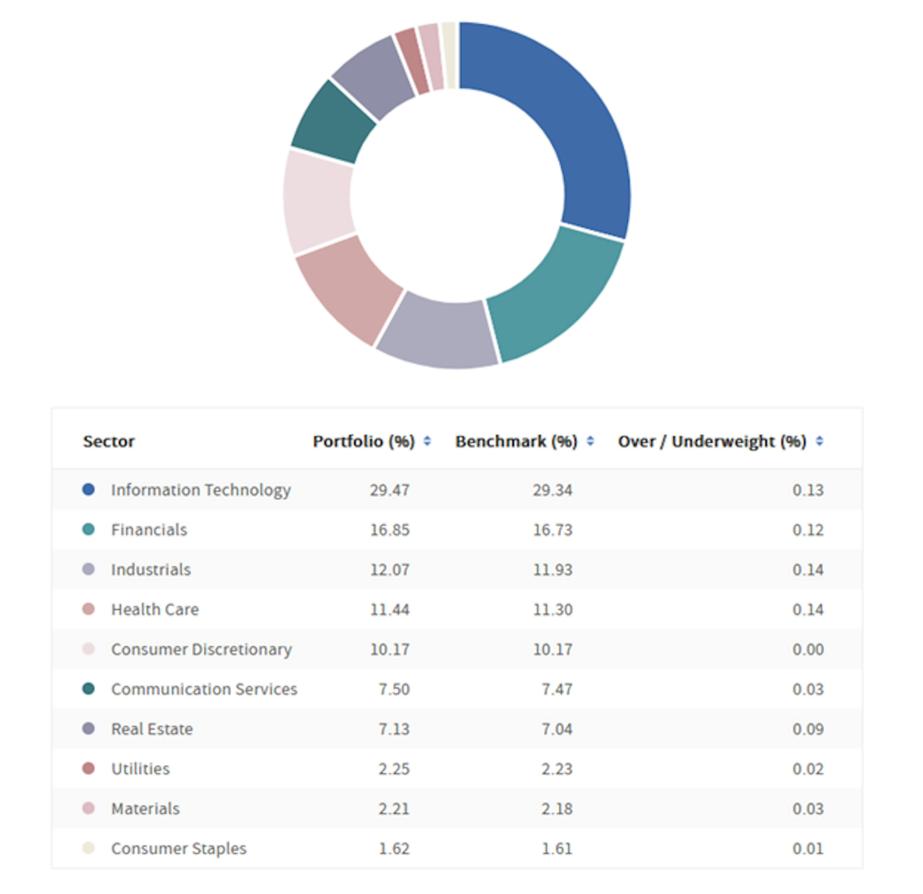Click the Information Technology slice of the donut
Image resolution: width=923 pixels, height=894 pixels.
[570, 118]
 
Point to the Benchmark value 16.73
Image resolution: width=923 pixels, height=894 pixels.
[552, 530]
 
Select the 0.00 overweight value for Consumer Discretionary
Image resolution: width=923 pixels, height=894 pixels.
[808, 649]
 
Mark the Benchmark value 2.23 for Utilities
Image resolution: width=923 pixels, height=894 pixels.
[557, 769]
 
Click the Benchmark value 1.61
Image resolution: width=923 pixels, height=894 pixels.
[557, 848]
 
